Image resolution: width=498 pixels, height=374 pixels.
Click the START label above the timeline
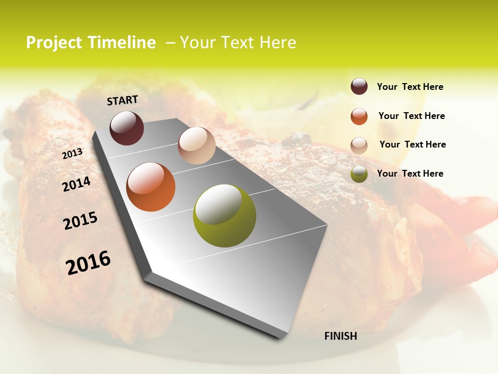point(122,100)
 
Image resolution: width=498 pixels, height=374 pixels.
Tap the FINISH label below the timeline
point(341,336)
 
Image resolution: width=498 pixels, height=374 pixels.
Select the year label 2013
point(72,154)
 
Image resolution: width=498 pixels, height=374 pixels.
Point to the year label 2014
point(77,184)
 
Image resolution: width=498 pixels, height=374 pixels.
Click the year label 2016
point(88,263)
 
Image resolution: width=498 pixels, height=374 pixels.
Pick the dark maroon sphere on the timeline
point(127,128)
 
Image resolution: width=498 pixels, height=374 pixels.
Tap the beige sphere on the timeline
point(197,145)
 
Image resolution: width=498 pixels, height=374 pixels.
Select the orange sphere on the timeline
point(151,187)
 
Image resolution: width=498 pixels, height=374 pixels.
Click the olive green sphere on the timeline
point(225,216)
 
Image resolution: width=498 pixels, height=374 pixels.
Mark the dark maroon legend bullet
point(359,86)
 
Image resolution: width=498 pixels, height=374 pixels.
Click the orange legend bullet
point(359,116)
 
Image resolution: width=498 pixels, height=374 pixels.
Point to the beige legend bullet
point(359,145)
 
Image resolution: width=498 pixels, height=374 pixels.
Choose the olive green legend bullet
point(359,175)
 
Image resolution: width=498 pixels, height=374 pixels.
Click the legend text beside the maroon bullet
point(410,87)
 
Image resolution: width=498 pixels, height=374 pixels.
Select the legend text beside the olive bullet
point(410,173)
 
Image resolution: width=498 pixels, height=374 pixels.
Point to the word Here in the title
point(278,43)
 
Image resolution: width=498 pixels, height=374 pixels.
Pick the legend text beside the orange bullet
point(412,116)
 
